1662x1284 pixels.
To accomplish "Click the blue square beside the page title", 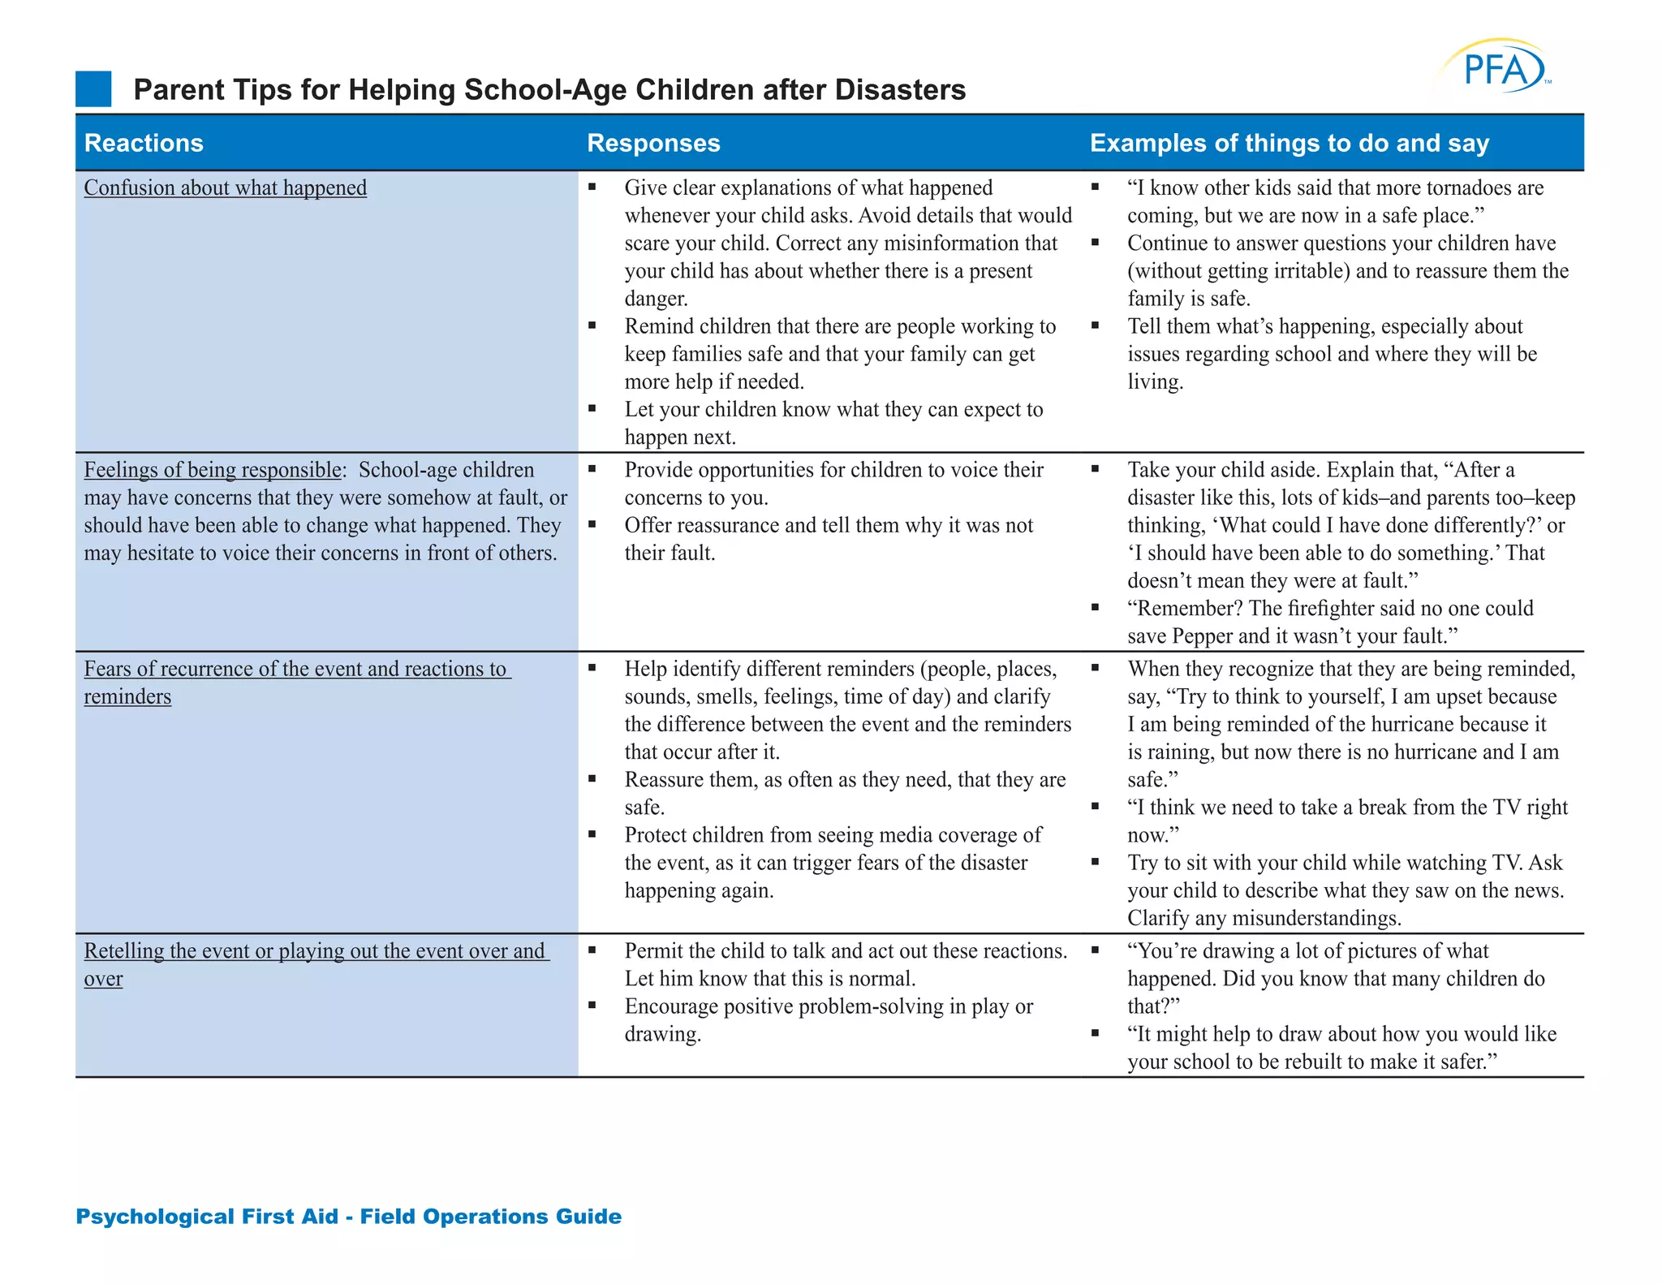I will [x=93, y=89].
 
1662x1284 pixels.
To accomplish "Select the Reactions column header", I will [x=144, y=143].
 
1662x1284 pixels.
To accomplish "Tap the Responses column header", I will [x=653, y=143].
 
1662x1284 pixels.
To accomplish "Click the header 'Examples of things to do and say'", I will [x=1289, y=143].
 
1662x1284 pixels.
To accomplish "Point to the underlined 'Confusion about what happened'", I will [x=225, y=187].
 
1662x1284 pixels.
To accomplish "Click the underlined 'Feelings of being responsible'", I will [x=213, y=470].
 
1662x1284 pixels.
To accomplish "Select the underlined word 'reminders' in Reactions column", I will [x=127, y=696].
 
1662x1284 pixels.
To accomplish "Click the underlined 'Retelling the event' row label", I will [x=316, y=950].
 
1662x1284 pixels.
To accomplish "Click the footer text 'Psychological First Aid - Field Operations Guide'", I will [x=348, y=1216].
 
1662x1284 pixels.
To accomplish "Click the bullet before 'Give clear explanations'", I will [x=592, y=187].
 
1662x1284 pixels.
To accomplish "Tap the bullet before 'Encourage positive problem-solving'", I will [x=592, y=1006].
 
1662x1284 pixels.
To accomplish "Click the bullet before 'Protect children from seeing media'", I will [x=592, y=834].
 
